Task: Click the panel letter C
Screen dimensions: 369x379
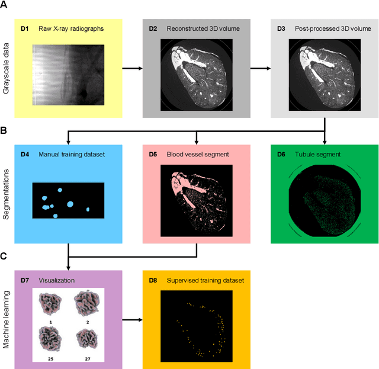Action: click(x=6, y=255)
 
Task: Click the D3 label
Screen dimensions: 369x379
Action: click(x=282, y=28)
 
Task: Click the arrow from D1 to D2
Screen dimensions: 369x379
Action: click(x=132, y=68)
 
